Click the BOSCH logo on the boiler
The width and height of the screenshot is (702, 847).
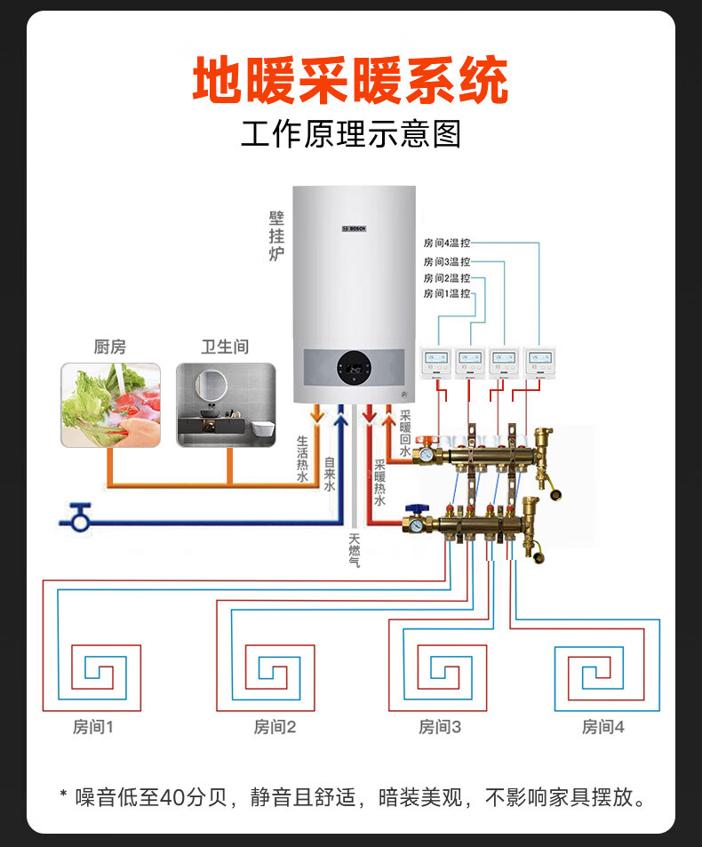click(355, 228)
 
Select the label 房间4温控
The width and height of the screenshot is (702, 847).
click(447, 243)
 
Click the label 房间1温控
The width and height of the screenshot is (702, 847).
click(447, 293)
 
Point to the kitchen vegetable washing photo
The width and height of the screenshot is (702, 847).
click(110, 404)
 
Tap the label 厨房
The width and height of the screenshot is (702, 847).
click(110, 347)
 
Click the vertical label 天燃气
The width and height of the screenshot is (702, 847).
click(354, 550)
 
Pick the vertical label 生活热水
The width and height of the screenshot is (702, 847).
click(302, 458)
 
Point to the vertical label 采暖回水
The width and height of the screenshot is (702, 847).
click(405, 433)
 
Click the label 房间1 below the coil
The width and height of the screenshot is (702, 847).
click(93, 727)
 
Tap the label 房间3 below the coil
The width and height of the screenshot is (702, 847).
click(440, 727)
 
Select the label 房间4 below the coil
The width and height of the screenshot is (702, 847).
click(603, 727)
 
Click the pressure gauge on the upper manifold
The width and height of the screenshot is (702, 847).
click(427, 453)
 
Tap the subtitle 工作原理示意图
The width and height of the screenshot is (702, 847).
click(351, 136)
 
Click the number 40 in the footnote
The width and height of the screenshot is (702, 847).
click(172, 796)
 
